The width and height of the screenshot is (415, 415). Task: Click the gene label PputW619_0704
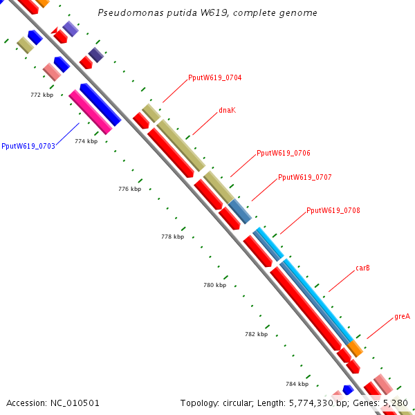pos(214,78)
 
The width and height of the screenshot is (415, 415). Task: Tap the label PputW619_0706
pos(283,153)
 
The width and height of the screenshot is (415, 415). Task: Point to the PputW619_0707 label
pos(304,177)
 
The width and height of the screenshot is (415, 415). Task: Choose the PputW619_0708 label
pos(333,210)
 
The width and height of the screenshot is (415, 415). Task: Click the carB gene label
pos(362,268)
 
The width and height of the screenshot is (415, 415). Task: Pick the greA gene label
pos(402,316)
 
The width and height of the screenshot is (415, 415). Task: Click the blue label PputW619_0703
pos(28,146)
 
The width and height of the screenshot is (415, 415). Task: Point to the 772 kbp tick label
pos(42,95)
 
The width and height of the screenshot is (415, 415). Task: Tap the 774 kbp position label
pos(86,141)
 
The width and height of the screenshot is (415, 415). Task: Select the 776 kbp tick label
pos(129,189)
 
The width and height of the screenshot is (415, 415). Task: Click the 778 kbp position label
pos(172,237)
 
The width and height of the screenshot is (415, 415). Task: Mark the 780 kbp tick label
pos(214,285)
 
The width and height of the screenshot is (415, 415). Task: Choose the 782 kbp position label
pos(256,334)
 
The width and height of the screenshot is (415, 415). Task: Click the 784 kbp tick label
pos(297,383)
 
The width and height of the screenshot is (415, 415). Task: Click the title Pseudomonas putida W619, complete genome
pos(207,12)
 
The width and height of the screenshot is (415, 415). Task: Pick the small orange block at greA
pos(355,348)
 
